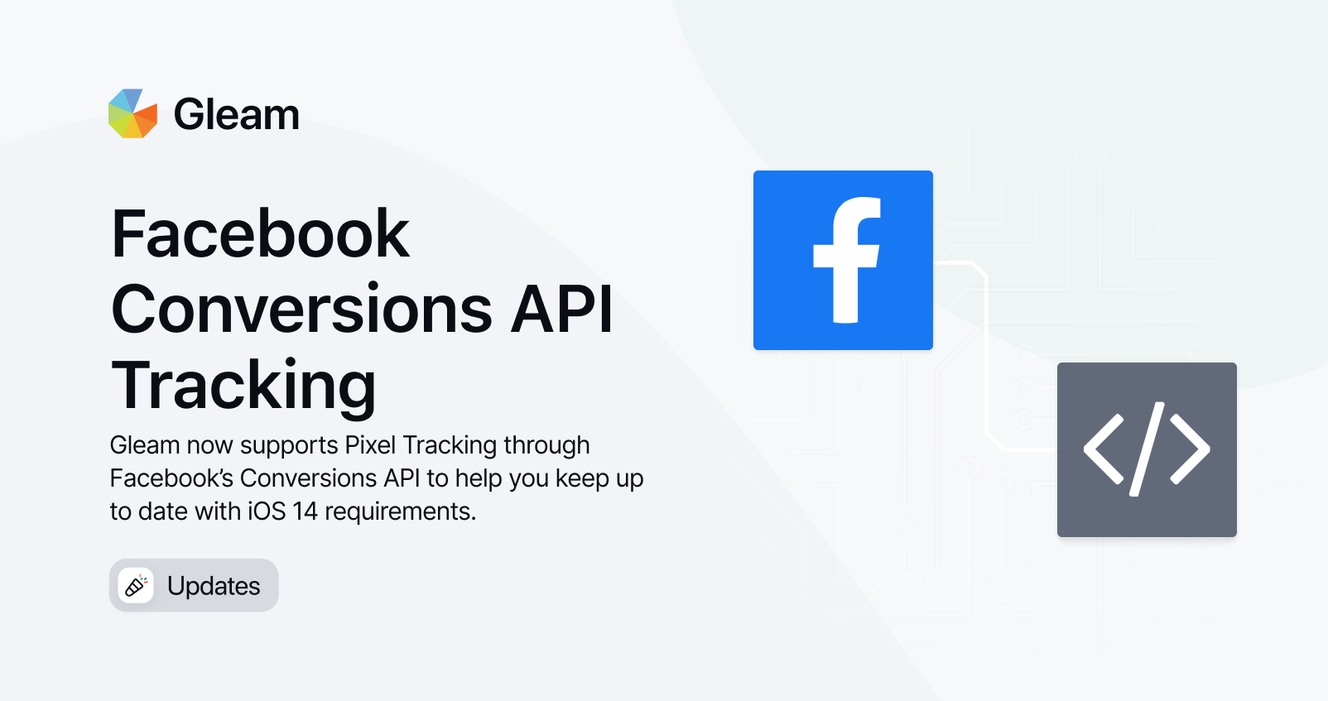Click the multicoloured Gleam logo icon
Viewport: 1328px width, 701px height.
[x=132, y=113]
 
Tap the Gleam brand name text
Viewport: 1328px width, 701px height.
[x=237, y=114]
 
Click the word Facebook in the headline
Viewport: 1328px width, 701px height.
[x=260, y=233]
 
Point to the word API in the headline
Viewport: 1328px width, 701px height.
[x=561, y=309]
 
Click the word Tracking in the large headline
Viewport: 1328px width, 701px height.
[x=243, y=386]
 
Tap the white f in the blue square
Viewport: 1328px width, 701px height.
[x=847, y=260]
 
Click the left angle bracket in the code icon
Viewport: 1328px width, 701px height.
[x=1104, y=449]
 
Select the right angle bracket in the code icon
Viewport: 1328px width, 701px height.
[x=1190, y=449]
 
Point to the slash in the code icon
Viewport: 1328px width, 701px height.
[x=1147, y=449]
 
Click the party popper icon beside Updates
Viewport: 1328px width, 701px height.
[x=136, y=585]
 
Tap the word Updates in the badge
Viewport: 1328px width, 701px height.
[x=214, y=586]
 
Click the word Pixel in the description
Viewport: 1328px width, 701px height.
[x=370, y=445]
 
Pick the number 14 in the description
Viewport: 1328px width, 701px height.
[x=306, y=511]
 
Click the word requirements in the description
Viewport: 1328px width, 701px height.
[x=400, y=512]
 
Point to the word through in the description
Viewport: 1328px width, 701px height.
[x=546, y=446]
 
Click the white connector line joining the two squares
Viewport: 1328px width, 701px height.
[x=987, y=356]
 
